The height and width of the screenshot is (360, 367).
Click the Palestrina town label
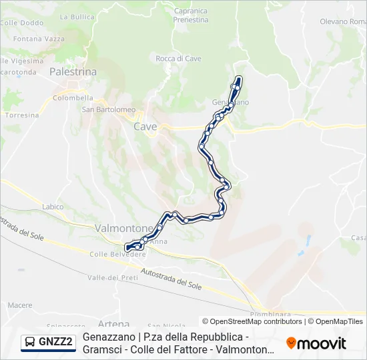click(x=73, y=71)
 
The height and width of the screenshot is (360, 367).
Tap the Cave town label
click(x=145, y=126)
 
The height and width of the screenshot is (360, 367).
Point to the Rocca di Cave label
click(x=178, y=59)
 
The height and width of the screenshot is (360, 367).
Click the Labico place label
click(x=52, y=207)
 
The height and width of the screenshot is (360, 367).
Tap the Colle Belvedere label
click(x=117, y=254)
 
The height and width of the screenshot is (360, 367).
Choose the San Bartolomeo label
click(x=108, y=109)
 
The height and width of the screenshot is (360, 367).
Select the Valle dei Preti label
click(x=112, y=277)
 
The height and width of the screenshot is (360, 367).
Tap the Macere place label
click(x=20, y=305)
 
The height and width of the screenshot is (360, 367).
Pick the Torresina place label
click(x=21, y=115)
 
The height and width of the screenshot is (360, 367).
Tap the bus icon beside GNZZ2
click(x=30, y=343)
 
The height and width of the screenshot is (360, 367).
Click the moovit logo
click(x=316, y=343)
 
